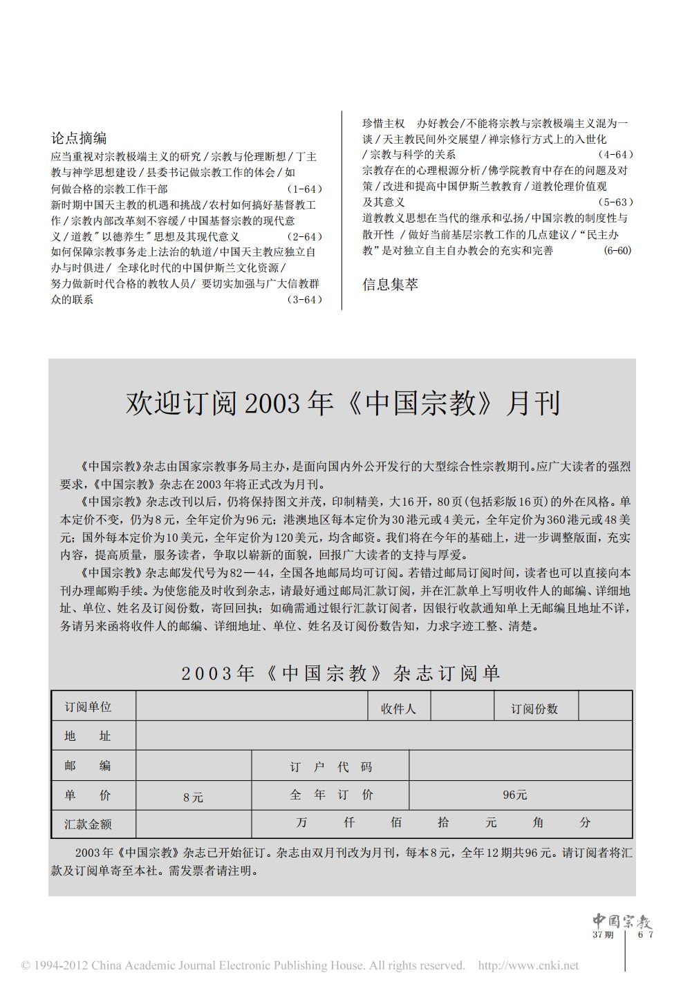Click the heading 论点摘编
[x=79, y=138]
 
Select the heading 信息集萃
[x=390, y=284]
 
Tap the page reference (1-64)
[x=304, y=189]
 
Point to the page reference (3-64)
[x=304, y=300]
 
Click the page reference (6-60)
[x=617, y=251]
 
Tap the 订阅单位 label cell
[x=88, y=707]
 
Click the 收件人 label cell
[x=398, y=708]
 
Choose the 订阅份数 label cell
[x=534, y=708]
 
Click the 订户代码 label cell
[x=330, y=767]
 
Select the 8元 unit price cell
[x=194, y=797]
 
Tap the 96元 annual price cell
[x=515, y=795]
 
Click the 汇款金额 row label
[x=88, y=824]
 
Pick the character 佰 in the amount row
[x=395, y=822]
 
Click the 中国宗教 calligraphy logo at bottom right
[x=622, y=921]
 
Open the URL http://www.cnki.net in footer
[x=528, y=965]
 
